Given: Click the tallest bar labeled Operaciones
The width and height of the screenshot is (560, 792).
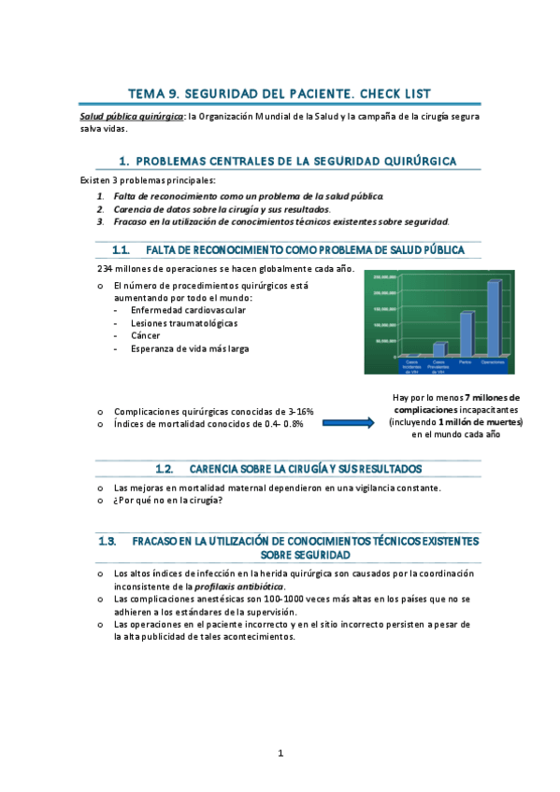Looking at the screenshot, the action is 493,318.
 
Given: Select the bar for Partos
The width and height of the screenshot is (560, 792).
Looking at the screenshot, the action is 466,333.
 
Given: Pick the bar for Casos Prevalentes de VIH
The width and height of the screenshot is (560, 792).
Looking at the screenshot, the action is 438,349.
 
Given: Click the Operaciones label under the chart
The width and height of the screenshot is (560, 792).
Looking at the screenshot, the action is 493,361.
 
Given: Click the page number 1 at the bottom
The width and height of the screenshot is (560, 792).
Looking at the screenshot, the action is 280,752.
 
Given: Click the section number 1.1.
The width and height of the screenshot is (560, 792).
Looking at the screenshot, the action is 120,250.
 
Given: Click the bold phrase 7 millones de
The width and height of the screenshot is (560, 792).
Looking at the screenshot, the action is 492,398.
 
